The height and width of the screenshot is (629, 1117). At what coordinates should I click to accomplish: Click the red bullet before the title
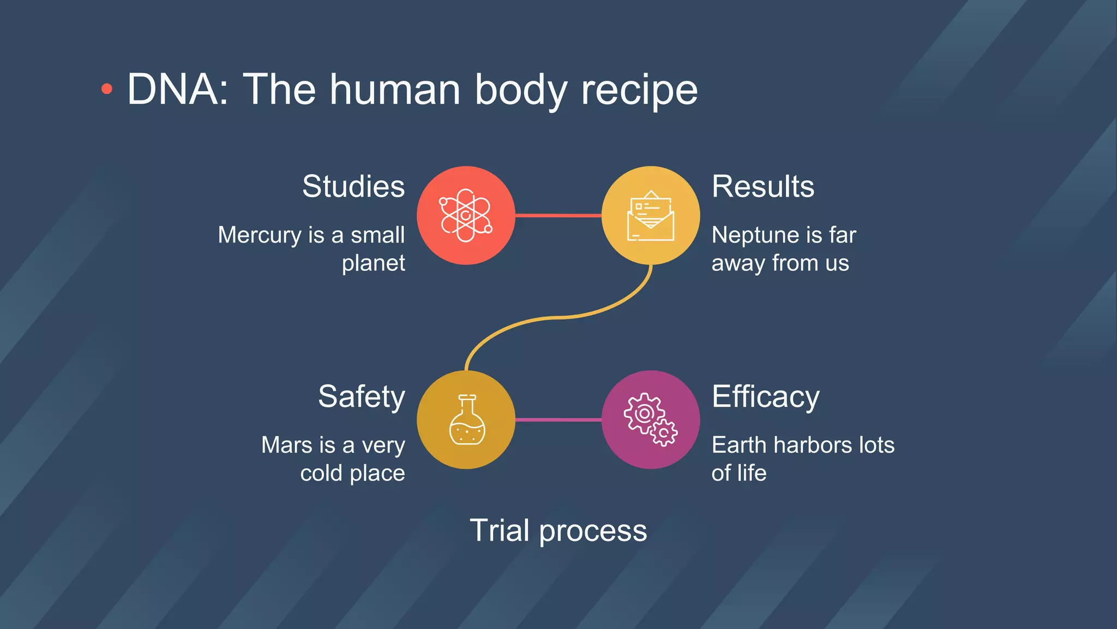pos(107,89)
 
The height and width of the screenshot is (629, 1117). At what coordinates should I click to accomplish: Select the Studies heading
pos(353,187)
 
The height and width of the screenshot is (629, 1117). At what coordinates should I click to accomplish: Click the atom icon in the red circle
pos(466,215)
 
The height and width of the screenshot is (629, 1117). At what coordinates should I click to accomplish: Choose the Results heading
pos(762,187)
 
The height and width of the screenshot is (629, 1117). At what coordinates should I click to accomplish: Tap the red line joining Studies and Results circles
pos(558,216)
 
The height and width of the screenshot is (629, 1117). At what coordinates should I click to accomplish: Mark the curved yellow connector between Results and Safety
pos(558,317)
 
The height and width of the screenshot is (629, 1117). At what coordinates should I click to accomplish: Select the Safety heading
pos(361,397)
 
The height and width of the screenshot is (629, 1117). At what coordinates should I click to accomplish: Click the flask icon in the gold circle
pos(467,420)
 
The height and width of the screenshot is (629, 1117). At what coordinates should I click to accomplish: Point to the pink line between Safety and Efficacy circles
pos(558,420)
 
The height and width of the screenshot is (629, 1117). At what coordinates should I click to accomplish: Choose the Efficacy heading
pos(765,397)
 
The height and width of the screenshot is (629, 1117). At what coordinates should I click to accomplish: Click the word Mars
pos(286,445)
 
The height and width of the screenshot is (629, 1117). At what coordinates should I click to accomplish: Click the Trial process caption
pos(558,530)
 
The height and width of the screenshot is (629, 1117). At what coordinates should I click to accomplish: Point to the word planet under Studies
pos(373,263)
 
